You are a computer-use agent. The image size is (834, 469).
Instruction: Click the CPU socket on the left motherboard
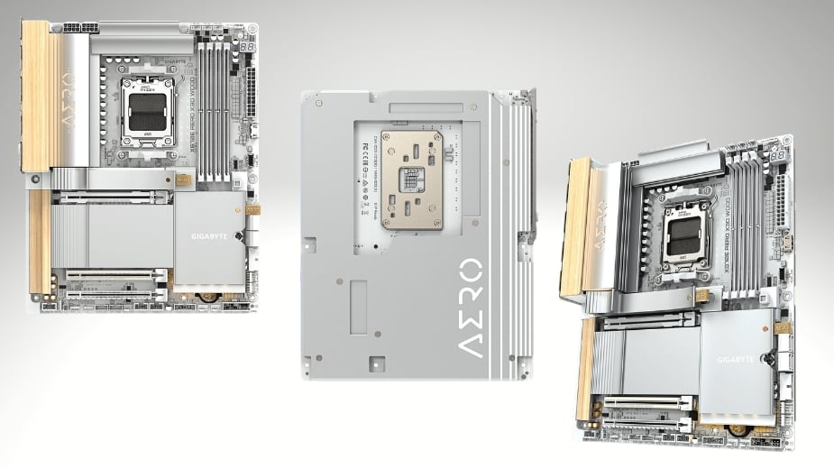point(146,111)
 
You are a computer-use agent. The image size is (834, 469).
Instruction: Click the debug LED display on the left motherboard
point(246,46)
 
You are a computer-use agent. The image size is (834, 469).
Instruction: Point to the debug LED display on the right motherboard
point(777,156)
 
